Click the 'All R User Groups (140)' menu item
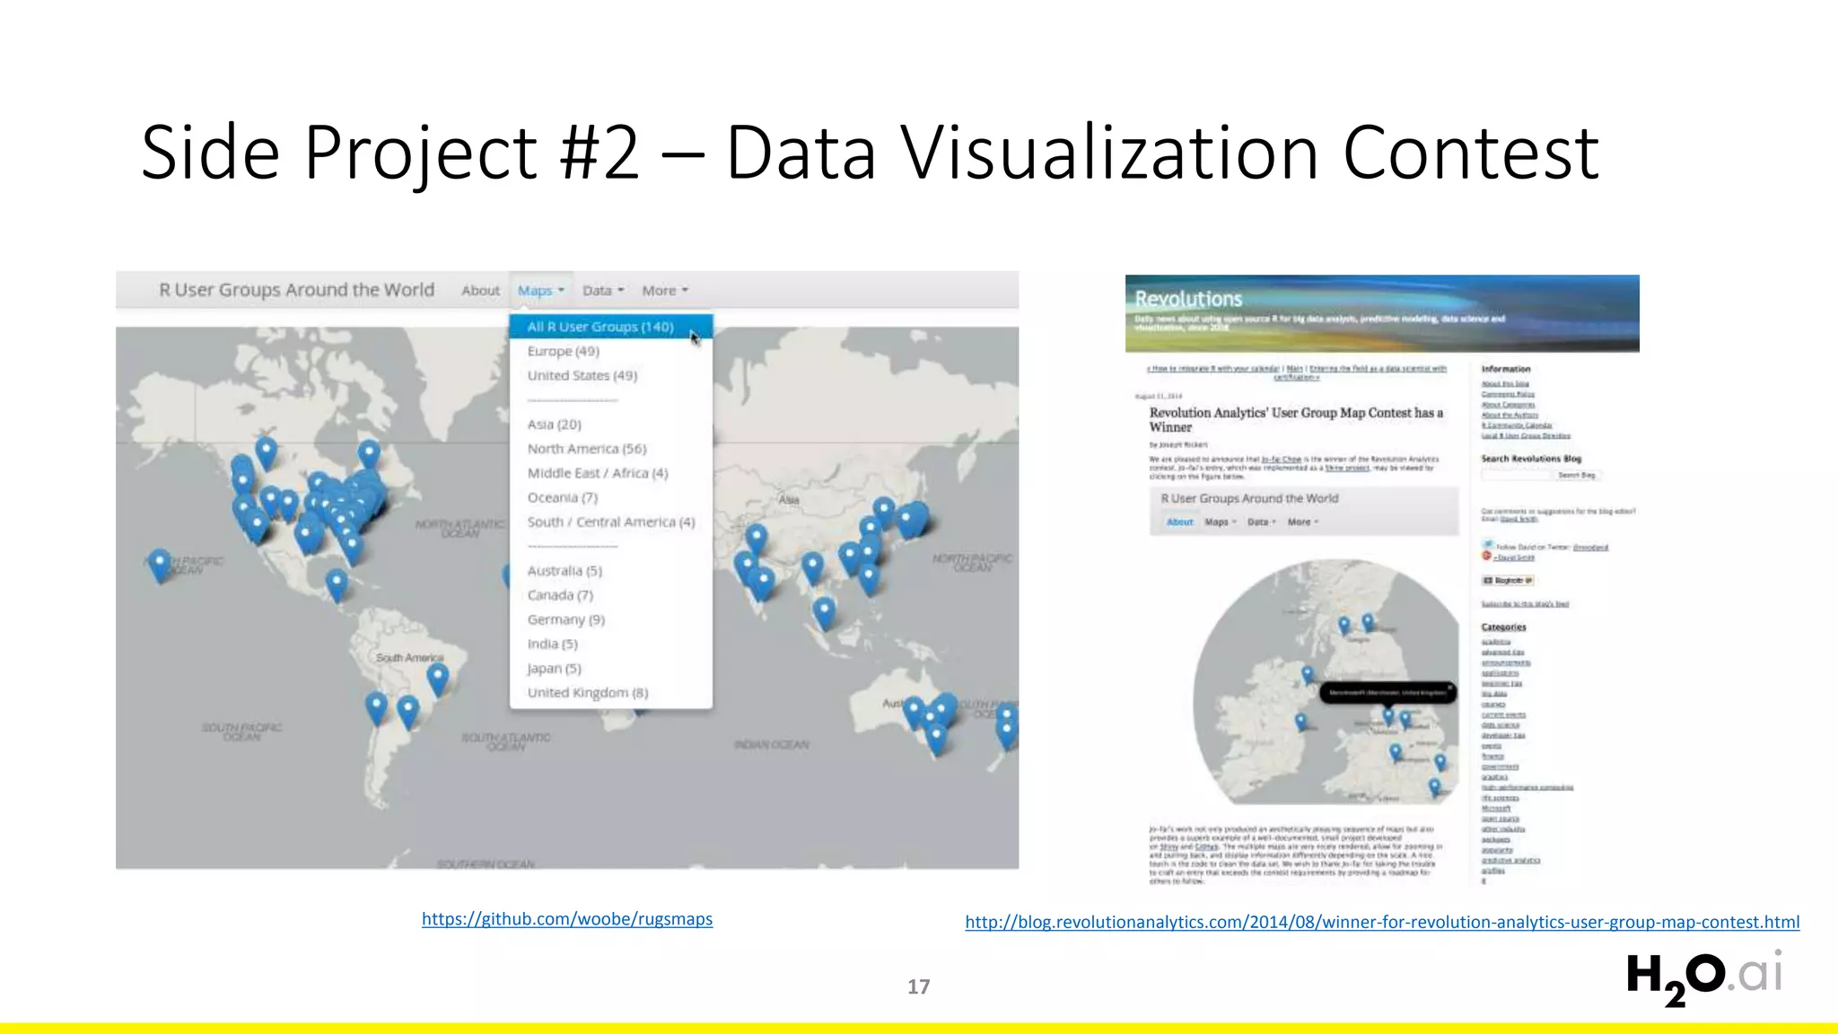(600, 327)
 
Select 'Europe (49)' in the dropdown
(563, 351)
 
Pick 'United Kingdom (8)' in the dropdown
(587, 692)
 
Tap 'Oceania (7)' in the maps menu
(562, 497)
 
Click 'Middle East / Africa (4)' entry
(597, 473)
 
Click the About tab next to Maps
(480, 291)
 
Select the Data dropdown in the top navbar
(602, 291)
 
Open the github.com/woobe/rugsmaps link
(567, 919)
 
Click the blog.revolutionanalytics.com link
(1382, 922)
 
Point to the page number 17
(918, 986)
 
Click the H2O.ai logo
(1703, 977)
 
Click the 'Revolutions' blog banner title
(1188, 299)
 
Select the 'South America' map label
(409, 658)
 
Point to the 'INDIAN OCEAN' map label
(771, 744)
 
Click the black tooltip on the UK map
(1387, 692)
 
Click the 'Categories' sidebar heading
(1503, 627)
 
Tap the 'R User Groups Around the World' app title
(296, 290)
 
